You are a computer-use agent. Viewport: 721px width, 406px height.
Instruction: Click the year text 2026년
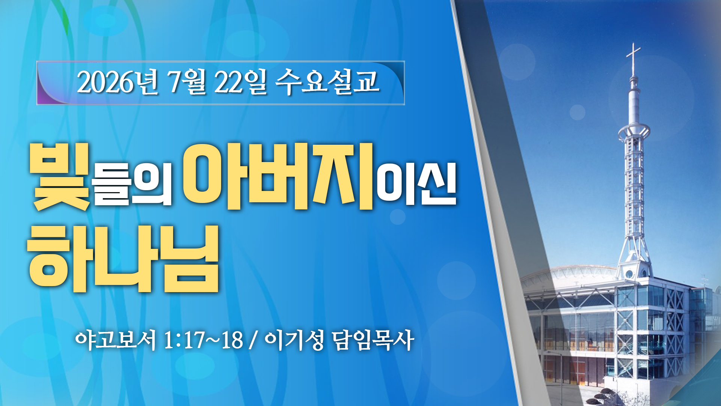tap(118, 82)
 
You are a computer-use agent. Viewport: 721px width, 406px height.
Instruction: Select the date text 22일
tap(240, 82)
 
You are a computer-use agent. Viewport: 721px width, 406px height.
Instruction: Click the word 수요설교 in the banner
tap(327, 82)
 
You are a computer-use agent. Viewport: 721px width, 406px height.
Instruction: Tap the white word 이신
tap(416, 184)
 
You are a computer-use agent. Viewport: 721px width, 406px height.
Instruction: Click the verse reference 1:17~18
tap(204, 340)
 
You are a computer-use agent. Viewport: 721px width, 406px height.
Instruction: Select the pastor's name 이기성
tap(294, 340)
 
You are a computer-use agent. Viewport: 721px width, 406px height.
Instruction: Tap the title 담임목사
tap(373, 340)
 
